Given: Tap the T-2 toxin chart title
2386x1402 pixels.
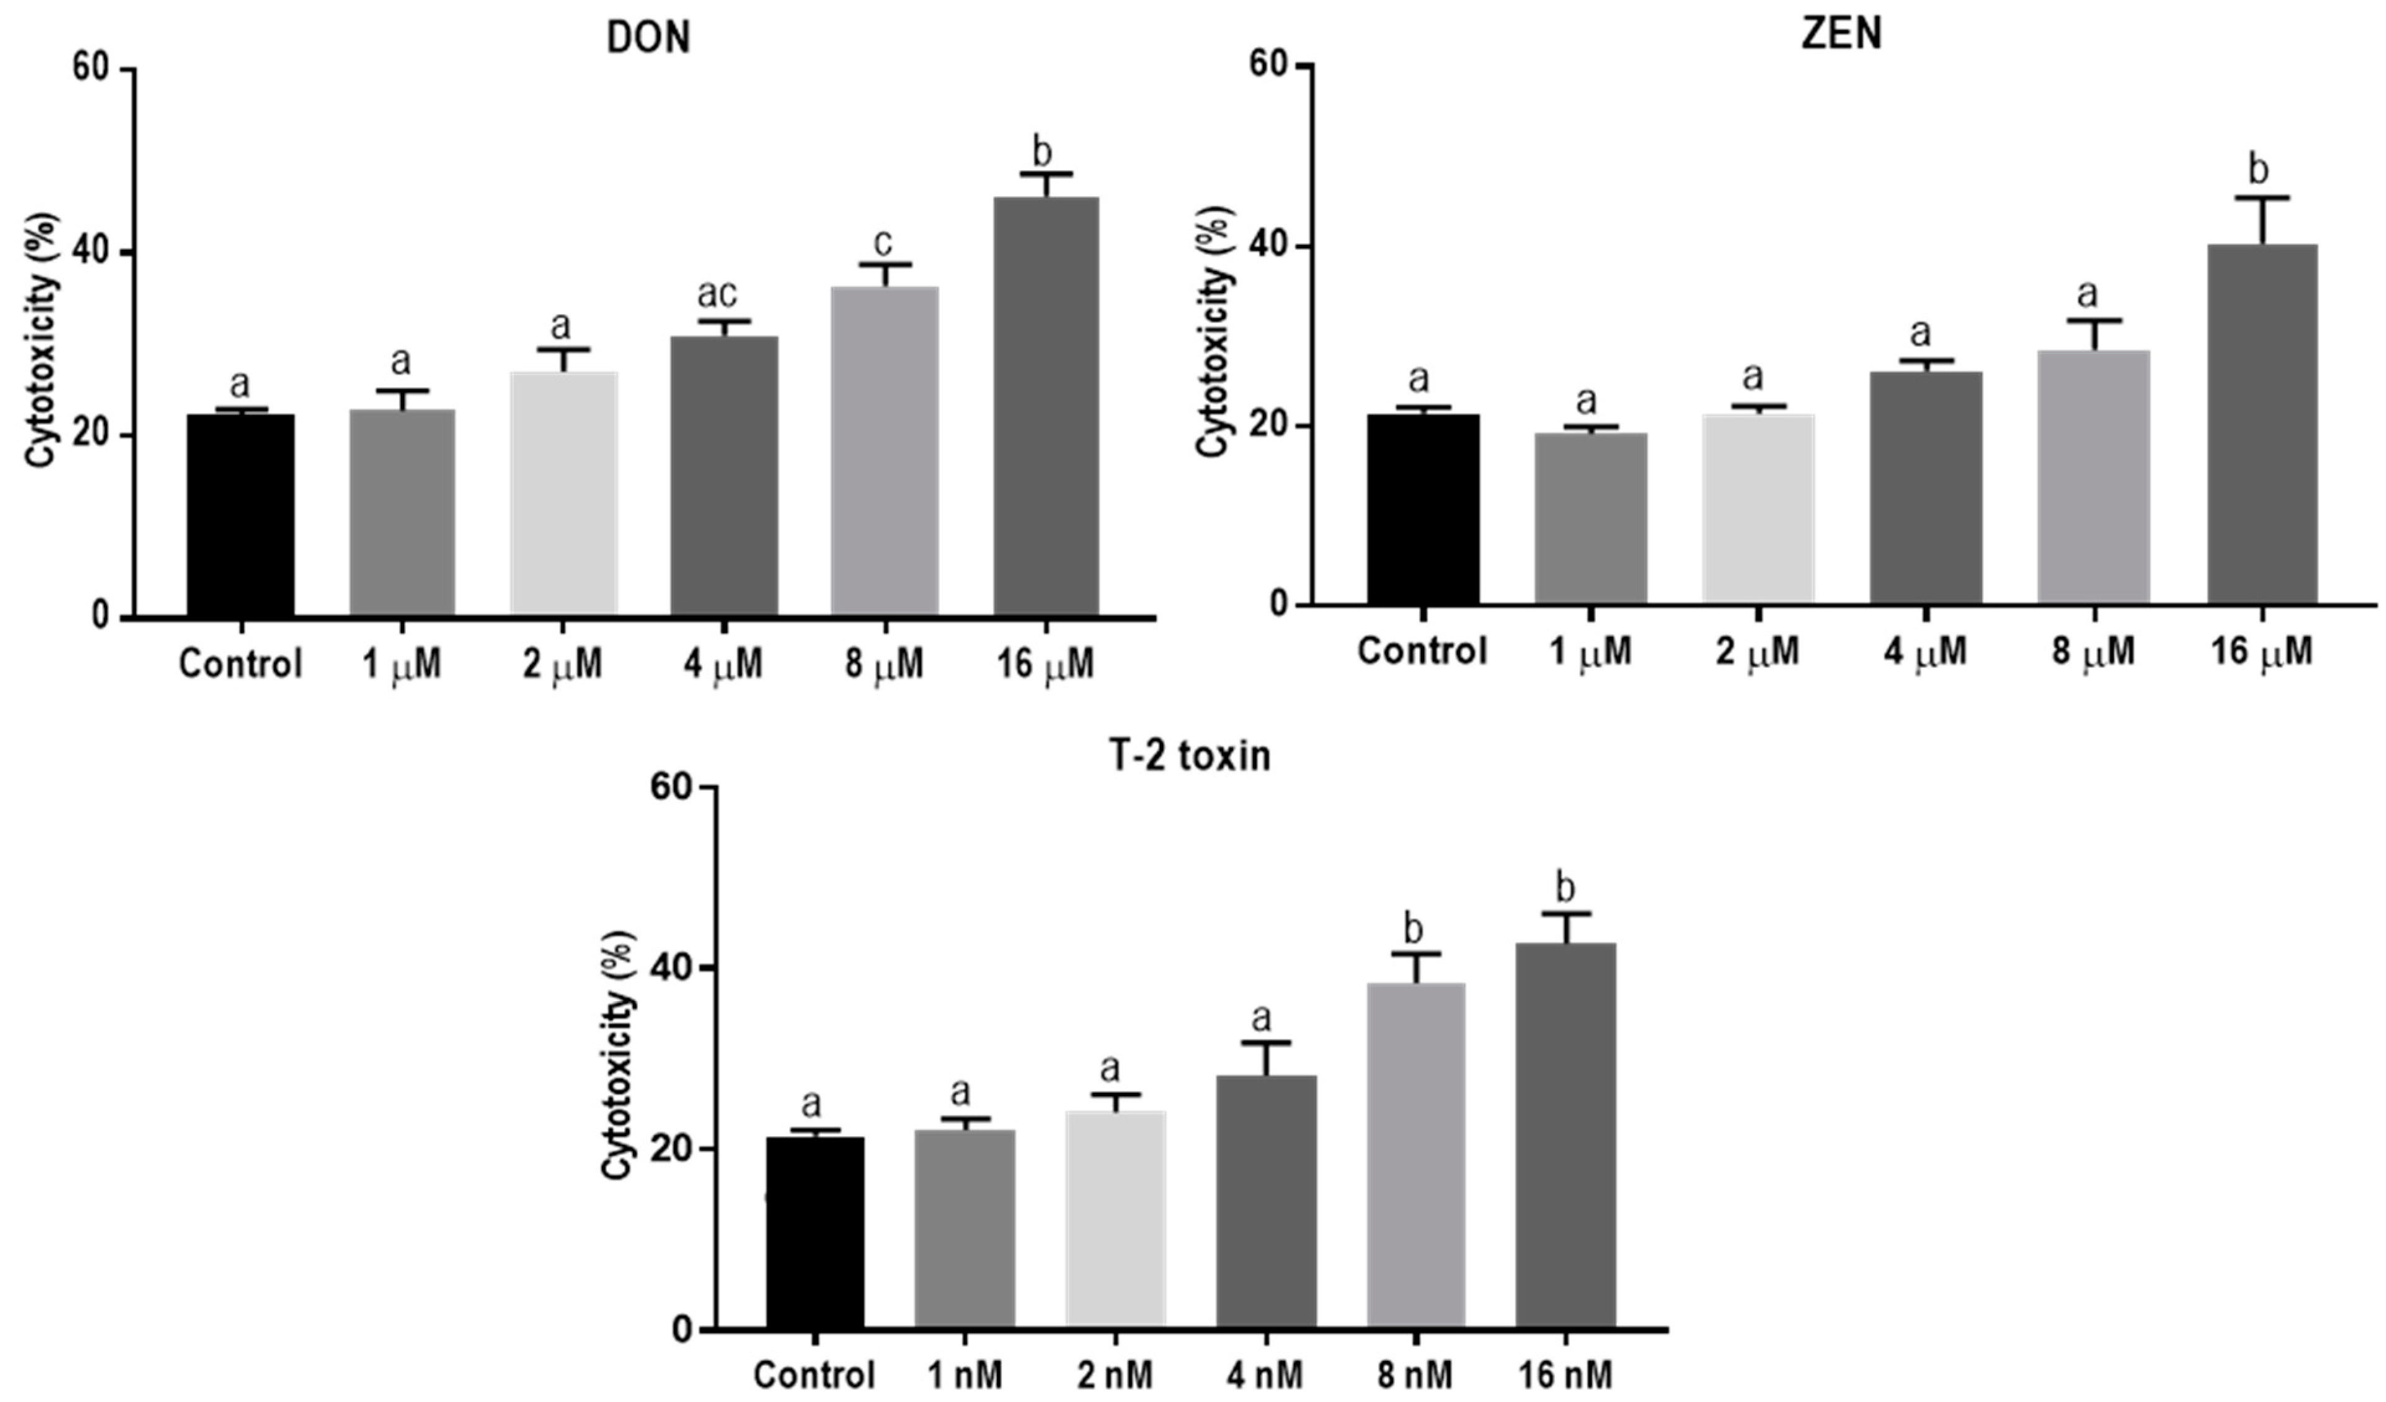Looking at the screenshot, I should coord(1190,757).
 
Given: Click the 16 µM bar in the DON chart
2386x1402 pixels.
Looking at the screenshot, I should coord(1046,407).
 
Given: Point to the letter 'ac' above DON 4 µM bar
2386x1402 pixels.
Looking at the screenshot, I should coord(717,294).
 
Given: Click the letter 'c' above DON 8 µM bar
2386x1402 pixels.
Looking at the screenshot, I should coord(883,244).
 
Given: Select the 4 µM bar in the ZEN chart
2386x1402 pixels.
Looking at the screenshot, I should coord(1926,488).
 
